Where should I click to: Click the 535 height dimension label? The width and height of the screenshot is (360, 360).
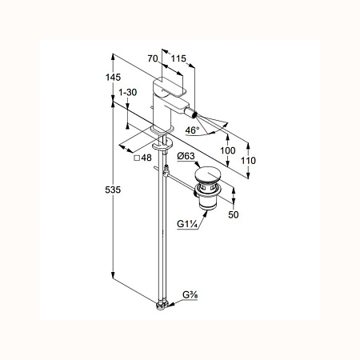point(113,190)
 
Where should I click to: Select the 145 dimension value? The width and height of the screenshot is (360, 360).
point(113,78)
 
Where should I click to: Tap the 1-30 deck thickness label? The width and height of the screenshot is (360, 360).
point(128,92)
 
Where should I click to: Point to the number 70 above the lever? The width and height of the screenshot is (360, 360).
point(153,58)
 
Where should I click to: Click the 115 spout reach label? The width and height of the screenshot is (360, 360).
point(178,58)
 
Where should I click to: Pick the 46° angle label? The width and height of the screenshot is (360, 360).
point(192,130)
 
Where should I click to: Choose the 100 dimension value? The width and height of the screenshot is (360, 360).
point(228,150)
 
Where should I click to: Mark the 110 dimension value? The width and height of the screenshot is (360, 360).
point(248,161)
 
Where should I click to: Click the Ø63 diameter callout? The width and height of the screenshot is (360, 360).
point(186,156)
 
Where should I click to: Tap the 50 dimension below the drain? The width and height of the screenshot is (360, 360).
point(234,214)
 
